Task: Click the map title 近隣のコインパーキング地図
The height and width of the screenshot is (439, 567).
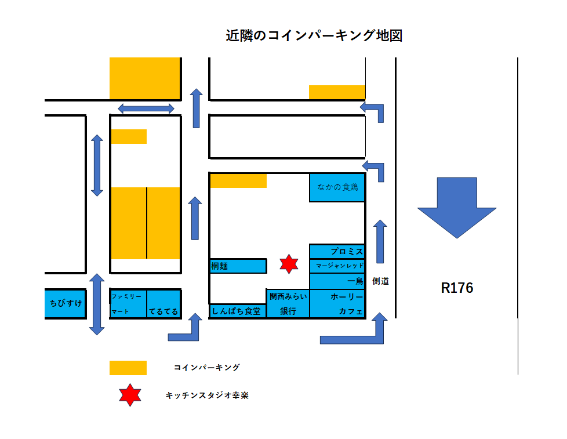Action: [314, 36]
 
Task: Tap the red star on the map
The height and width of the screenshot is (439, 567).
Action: [288, 264]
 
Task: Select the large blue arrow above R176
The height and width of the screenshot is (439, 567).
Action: [457, 207]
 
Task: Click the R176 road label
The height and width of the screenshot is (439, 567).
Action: [457, 288]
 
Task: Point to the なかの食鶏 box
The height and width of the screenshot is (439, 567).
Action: [337, 187]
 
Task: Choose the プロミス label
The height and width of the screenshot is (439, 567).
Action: [346, 252]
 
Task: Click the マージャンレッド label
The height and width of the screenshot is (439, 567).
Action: [339, 266]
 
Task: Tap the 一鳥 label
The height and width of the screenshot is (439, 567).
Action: [355, 281]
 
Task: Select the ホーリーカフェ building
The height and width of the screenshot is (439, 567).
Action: [337, 304]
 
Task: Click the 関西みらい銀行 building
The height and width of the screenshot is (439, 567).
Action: [288, 304]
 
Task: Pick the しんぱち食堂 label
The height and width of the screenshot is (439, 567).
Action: [237, 311]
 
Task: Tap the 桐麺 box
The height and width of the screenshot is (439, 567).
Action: [238, 266]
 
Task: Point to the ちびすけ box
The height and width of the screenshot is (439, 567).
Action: [66, 303]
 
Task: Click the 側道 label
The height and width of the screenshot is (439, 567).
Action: [380, 281]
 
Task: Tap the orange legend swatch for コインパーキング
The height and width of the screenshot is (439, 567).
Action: [128, 368]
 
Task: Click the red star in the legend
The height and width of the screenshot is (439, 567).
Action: [130, 395]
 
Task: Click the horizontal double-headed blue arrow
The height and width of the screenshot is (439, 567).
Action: [146, 108]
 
